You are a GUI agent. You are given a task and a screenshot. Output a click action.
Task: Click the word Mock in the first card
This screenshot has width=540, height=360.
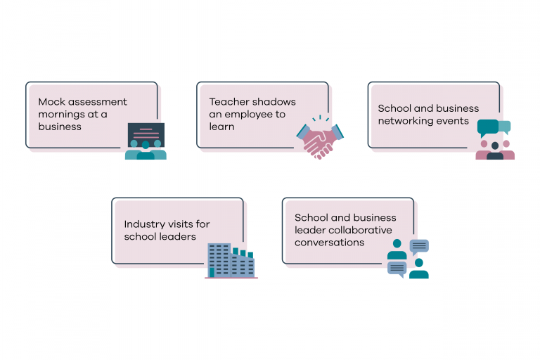51,102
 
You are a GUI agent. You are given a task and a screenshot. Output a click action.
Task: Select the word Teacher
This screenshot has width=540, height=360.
227,102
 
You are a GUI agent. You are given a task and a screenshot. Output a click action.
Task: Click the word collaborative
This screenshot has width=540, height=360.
363,230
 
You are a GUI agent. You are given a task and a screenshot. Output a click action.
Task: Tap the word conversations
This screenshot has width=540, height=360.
329,243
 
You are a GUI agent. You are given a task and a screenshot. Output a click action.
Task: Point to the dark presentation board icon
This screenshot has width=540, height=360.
146,134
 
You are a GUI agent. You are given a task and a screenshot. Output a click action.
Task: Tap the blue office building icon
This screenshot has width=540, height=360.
231,261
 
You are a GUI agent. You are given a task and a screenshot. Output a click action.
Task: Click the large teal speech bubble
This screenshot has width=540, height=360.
488,127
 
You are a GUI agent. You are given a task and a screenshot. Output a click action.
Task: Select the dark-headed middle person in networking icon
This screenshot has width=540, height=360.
495,151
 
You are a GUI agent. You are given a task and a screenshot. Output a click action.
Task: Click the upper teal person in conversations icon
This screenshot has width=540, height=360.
397,250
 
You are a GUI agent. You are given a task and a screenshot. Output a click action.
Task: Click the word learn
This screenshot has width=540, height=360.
221,127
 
